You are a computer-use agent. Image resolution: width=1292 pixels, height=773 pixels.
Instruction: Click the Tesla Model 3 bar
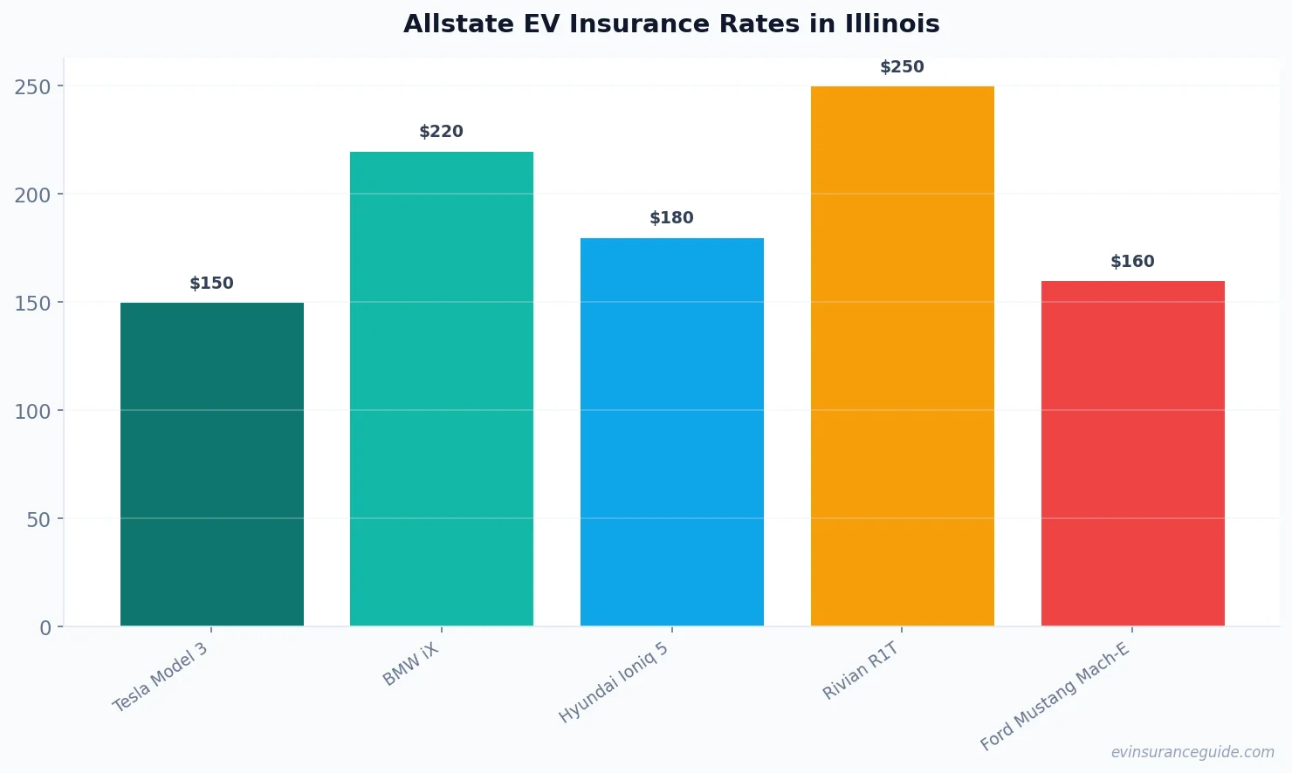click(212, 464)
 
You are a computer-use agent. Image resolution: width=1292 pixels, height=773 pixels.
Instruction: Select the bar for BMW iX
click(442, 389)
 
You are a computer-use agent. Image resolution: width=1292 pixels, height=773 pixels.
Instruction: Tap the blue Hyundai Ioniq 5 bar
click(672, 432)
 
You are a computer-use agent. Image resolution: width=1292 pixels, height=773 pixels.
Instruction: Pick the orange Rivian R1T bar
click(903, 356)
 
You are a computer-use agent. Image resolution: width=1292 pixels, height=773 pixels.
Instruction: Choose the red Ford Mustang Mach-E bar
click(1133, 454)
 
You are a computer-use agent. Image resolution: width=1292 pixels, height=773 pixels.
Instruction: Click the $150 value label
click(212, 284)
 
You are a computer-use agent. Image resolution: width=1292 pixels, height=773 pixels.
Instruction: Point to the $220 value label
click(442, 132)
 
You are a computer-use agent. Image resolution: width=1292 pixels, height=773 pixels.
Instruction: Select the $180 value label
click(672, 218)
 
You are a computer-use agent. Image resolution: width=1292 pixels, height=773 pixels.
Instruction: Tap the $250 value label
click(903, 67)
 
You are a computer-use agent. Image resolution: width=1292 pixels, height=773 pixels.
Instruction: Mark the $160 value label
click(1133, 262)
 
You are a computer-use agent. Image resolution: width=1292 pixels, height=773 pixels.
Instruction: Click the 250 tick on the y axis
click(33, 86)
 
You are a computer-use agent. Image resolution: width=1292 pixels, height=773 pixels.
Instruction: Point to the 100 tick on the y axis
click(33, 411)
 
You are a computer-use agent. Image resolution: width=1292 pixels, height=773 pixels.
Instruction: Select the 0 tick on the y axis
click(45, 628)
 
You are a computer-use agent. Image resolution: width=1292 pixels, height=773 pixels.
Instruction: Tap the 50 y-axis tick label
click(38, 520)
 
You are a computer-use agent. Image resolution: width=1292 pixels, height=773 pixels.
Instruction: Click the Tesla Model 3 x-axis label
click(161, 677)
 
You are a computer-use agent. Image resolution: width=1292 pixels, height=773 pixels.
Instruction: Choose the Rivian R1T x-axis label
click(861, 671)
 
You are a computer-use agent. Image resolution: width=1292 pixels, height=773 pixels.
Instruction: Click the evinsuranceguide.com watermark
click(1192, 752)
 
